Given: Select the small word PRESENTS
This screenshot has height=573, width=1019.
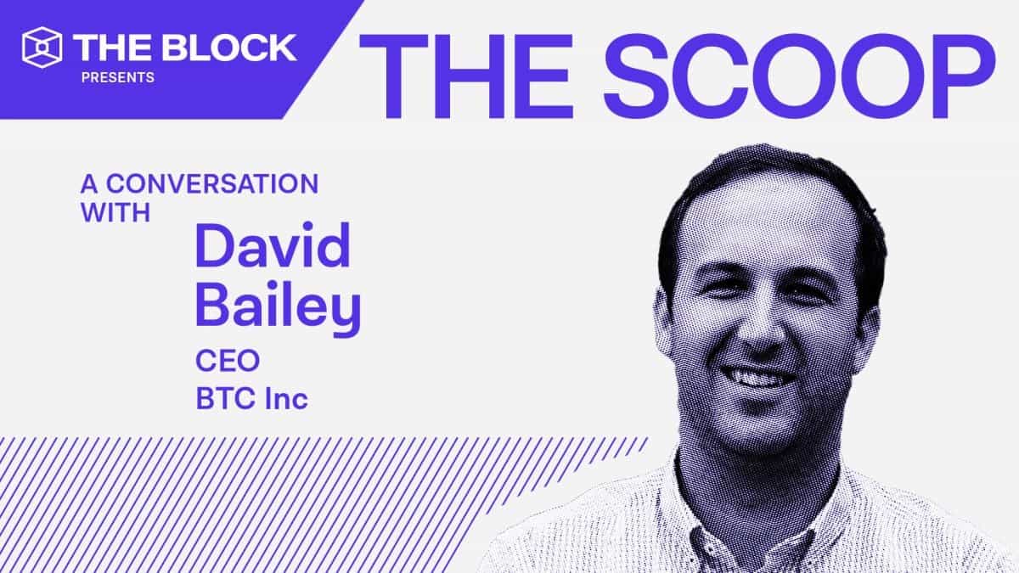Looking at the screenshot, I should click(x=118, y=78).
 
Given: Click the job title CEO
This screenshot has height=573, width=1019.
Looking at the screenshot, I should click(x=228, y=361).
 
